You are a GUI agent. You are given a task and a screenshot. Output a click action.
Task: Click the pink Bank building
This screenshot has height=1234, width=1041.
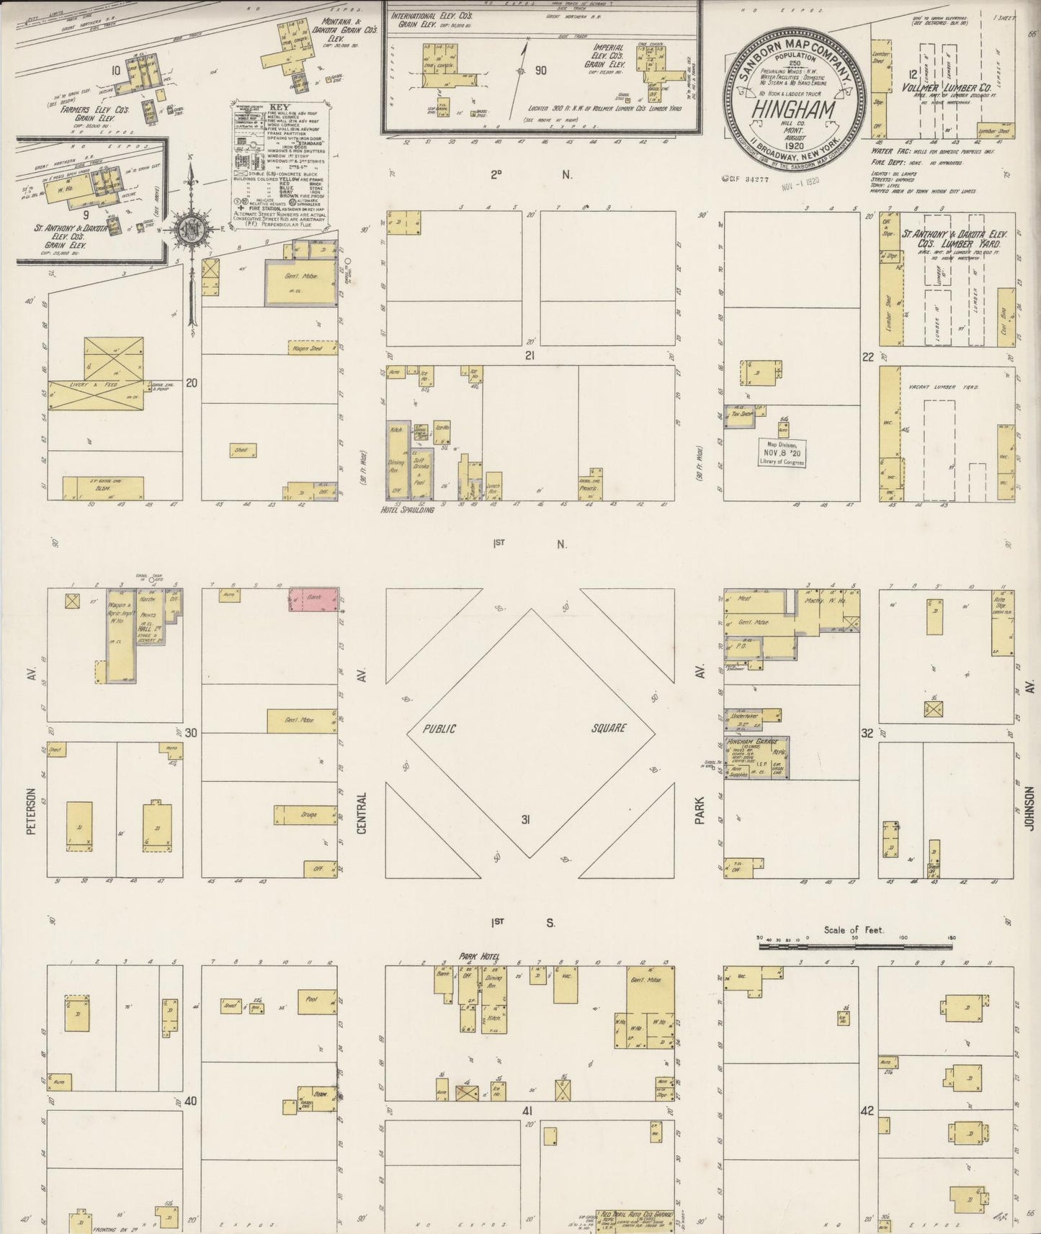(313, 600)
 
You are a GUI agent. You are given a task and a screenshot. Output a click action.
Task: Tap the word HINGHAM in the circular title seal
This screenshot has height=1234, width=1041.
(793, 110)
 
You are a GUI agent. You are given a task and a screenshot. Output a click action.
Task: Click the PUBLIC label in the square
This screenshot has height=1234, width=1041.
(439, 729)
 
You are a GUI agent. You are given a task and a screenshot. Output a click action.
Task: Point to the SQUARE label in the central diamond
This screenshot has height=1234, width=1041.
(609, 728)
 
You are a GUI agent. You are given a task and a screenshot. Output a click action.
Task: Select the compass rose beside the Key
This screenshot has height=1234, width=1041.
(192, 230)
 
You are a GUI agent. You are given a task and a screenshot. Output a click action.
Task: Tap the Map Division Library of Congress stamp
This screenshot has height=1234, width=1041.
(782, 452)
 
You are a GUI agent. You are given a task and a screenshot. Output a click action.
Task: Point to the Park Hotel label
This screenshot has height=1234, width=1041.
(479, 958)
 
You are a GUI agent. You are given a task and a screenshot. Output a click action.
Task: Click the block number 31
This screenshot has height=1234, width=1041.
(526, 819)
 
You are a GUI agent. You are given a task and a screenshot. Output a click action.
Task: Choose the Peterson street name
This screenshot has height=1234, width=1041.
(31, 811)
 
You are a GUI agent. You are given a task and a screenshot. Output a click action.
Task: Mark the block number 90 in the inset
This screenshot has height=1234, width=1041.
(540, 71)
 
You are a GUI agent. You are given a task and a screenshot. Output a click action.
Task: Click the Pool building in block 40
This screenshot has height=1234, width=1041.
(311, 1000)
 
